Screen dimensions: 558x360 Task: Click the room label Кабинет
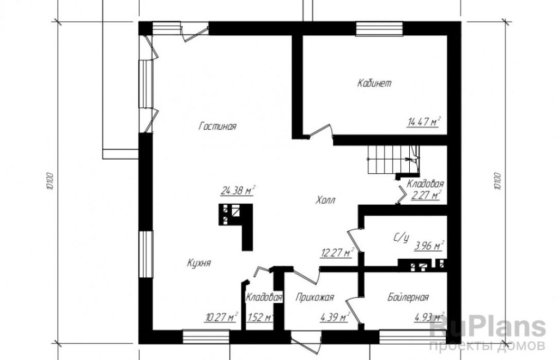coord(374,83)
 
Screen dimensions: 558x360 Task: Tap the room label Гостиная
coord(217,126)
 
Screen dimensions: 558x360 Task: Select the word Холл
coord(325,200)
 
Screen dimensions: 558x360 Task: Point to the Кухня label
coord(199,263)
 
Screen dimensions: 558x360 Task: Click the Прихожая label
coord(314,297)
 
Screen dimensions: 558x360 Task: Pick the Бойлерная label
coord(408,297)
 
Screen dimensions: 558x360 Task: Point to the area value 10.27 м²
coord(221,316)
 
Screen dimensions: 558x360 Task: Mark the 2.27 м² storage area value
coord(426,195)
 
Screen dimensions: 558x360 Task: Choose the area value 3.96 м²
coord(429,246)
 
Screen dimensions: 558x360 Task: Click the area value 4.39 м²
coord(335,316)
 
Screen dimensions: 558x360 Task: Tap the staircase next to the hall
coord(393,160)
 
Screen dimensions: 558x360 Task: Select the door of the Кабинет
coord(321,131)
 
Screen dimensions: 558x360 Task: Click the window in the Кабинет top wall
coord(379,28)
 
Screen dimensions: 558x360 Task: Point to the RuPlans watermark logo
coord(488,333)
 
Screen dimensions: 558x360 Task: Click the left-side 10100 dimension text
coord(50,182)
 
